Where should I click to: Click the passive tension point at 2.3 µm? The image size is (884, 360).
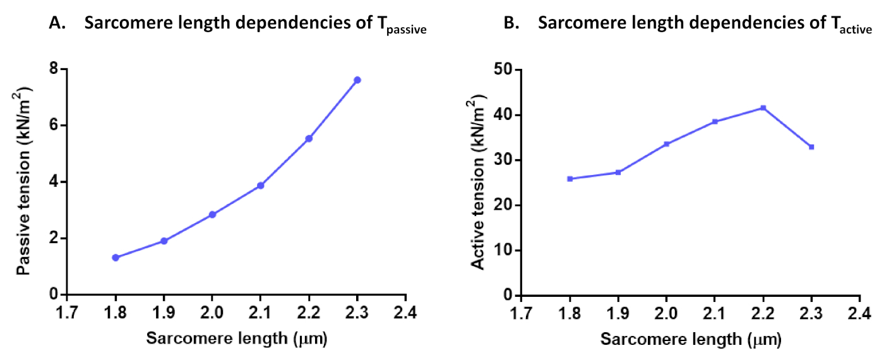(x=357, y=80)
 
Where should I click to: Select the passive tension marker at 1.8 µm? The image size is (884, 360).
(x=116, y=258)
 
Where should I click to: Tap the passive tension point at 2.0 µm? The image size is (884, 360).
(x=212, y=215)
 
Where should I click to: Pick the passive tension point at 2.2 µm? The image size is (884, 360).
(x=309, y=138)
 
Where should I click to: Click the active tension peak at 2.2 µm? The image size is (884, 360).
(x=763, y=108)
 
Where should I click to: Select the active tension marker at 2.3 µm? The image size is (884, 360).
(x=811, y=147)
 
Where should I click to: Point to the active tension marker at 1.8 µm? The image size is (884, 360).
(x=570, y=179)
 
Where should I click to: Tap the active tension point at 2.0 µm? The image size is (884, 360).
(x=666, y=144)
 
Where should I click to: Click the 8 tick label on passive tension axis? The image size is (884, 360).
(x=54, y=69)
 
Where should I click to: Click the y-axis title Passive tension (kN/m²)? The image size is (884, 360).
(x=25, y=182)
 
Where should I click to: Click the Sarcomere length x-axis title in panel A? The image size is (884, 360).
(x=237, y=339)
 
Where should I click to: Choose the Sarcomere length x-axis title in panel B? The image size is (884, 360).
(x=691, y=340)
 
